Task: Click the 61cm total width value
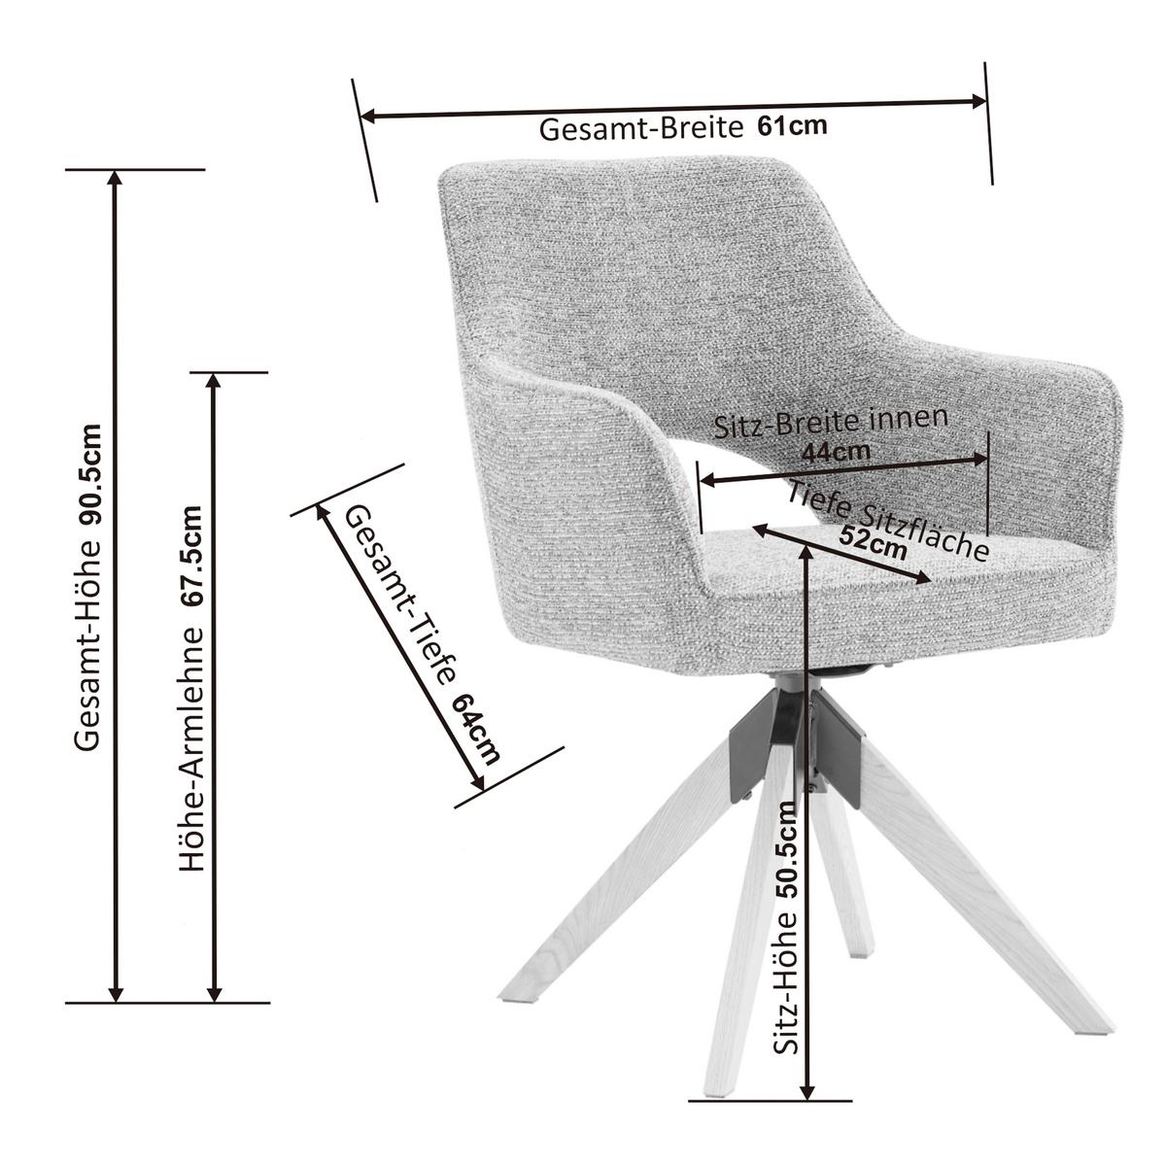click(x=792, y=126)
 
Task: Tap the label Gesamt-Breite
click(x=640, y=129)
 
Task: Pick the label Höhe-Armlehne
click(x=192, y=747)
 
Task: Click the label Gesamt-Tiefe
click(x=400, y=596)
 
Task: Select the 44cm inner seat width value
click(x=836, y=453)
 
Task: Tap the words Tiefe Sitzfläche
click(x=888, y=519)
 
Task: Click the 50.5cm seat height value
click(x=786, y=851)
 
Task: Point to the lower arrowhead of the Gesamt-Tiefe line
click(x=477, y=783)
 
